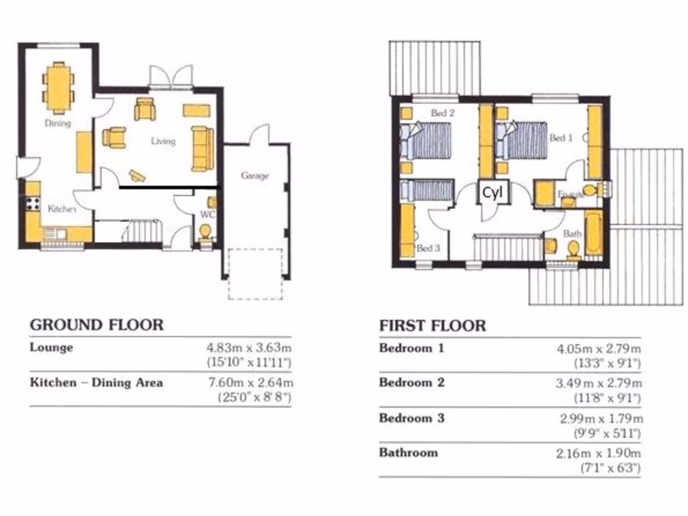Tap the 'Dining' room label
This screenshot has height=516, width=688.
click(58, 124)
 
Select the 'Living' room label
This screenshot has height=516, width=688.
click(163, 141)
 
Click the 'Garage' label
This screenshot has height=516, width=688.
click(255, 176)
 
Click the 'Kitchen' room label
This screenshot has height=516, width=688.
click(61, 210)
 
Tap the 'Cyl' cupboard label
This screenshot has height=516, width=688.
click(492, 193)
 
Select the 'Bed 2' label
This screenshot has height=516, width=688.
click(443, 114)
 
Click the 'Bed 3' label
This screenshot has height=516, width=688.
click(428, 249)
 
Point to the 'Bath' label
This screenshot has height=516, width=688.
click(572, 234)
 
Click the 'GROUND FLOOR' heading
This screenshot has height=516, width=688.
click(96, 325)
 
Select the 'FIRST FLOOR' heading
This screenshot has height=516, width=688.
click(432, 327)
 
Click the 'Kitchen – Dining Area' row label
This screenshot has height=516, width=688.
click(96, 383)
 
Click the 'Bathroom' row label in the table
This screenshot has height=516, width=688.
click(408, 452)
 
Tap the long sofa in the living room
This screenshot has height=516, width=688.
click(202, 148)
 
